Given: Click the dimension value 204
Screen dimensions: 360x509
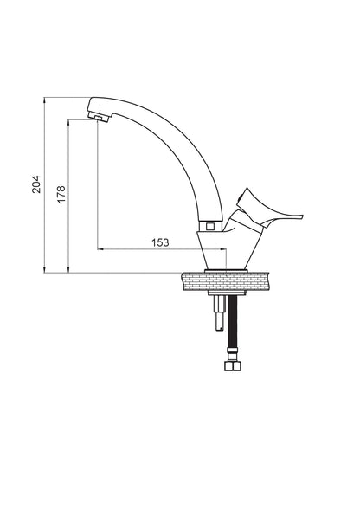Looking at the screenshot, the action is (36, 184).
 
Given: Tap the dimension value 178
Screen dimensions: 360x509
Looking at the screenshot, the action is (61, 195).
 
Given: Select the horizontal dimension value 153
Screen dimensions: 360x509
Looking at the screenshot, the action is (160, 242).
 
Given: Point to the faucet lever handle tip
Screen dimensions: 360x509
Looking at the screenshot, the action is (301, 216).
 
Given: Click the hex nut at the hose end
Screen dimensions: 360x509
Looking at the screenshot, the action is (233, 366).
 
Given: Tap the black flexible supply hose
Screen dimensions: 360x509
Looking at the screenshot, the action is (233, 321).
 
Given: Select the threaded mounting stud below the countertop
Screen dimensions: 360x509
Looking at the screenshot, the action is (219, 313).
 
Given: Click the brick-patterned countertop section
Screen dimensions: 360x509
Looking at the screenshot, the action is (226, 281).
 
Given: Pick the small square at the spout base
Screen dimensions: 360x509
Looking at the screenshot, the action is (210, 226).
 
